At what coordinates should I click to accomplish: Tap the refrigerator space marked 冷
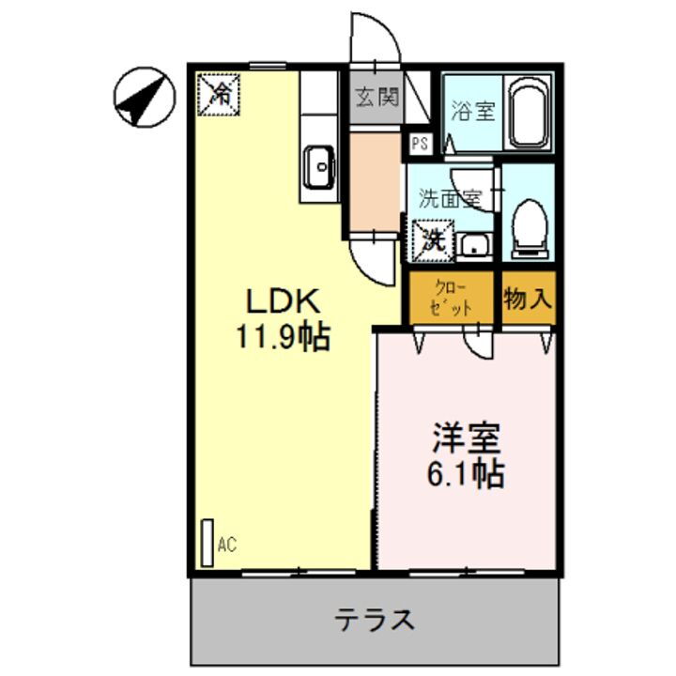pyautogui.click(x=219, y=94)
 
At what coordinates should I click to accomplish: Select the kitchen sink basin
pyautogui.click(x=319, y=169)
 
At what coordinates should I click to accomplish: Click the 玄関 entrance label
pyautogui.click(x=376, y=98)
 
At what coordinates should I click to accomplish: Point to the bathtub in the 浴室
pyautogui.click(x=530, y=115)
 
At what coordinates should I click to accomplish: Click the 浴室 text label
pyautogui.click(x=472, y=111)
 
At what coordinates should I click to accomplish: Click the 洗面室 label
pyautogui.click(x=450, y=198)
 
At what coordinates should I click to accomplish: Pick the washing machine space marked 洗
pyautogui.click(x=432, y=239)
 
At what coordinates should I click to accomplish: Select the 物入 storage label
pyautogui.click(x=528, y=300)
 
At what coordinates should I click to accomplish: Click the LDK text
pyautogui.click(x=284, y=302)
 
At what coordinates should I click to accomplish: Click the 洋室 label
pyautogui.click(x=467, y=438)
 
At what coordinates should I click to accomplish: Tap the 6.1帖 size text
pyautogui.click(x=467, y=473)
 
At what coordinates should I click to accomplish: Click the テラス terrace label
pyautogui.click(x=376, y=620)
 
